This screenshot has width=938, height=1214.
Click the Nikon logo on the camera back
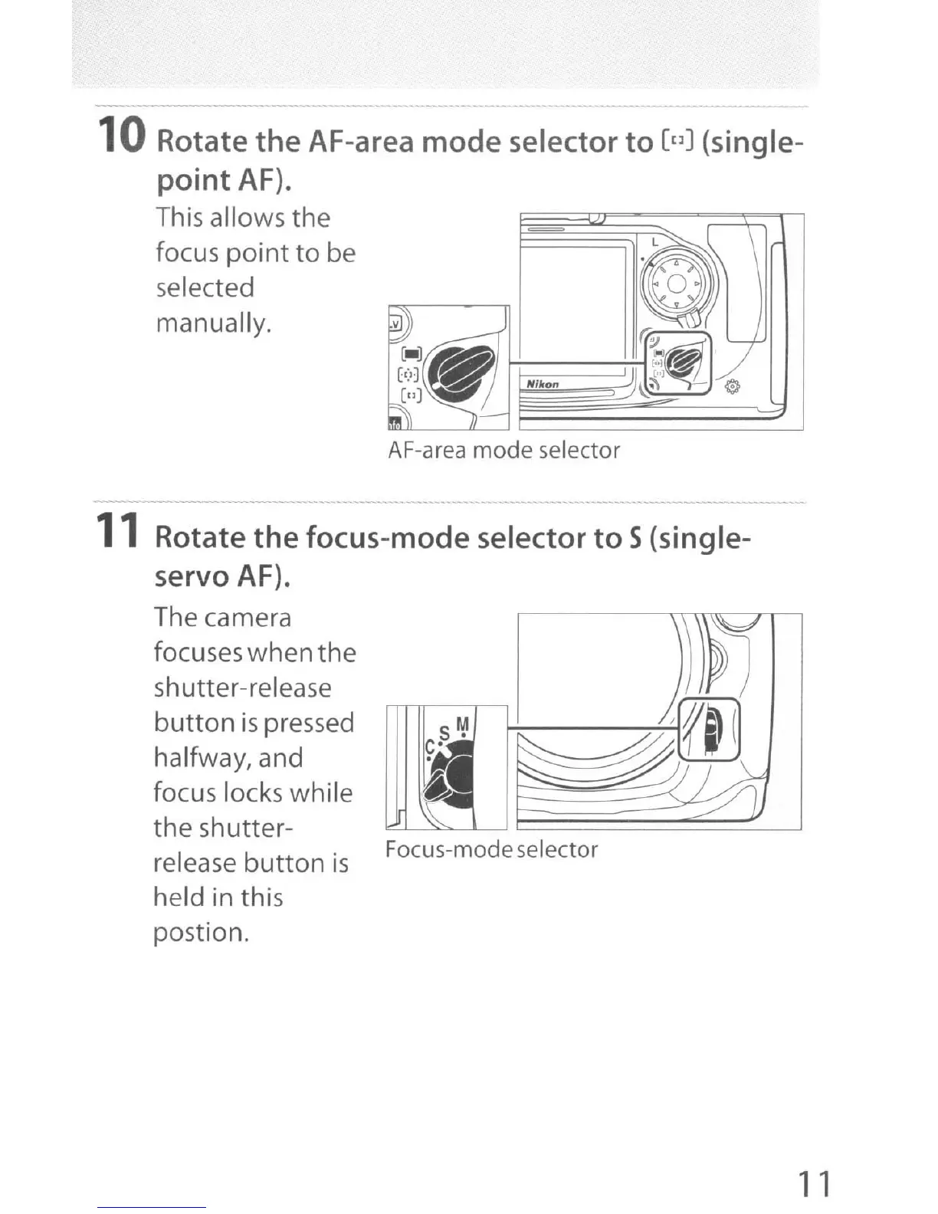(x=543, y=384)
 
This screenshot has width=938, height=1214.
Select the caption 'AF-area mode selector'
(x=503, y=450)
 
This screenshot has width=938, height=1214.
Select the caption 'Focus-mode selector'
(x=491, y=849)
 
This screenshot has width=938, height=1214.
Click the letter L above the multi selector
(x=654, y=241)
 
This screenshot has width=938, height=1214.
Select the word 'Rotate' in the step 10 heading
(x=201, y=142)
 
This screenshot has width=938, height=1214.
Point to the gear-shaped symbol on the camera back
(x=733, y=387)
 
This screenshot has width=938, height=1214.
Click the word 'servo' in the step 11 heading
(x=192, y=576)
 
